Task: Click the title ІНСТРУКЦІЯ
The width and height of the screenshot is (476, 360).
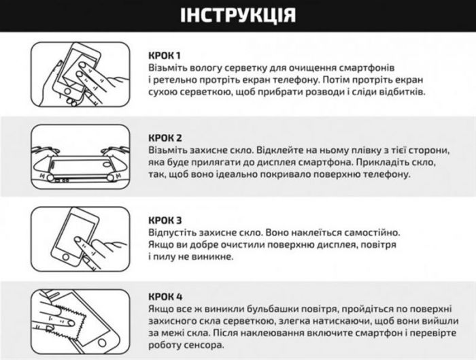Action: pos(238,16)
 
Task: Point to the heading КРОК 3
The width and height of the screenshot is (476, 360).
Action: pos(165,220)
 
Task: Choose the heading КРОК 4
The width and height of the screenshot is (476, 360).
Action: pos(165,297)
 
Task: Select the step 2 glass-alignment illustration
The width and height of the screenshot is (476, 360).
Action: pos(81,161)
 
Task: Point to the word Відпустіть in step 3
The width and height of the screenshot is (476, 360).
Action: pos(174,233)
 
